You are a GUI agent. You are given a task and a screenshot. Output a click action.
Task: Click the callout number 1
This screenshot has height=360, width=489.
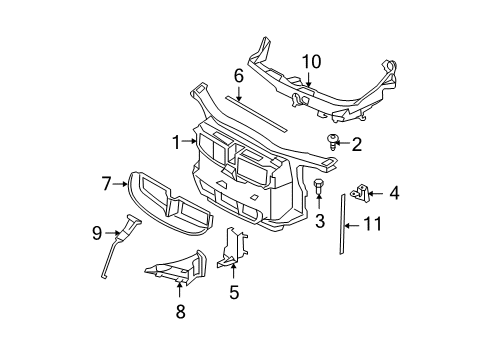pyautogui.click(x=176, y=143)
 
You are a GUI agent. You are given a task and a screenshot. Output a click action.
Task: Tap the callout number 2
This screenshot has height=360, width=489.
pyautogui.click(x=355, y=144)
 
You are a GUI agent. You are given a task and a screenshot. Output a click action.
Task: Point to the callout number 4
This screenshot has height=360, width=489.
pyautogui.click(x=394, y=192)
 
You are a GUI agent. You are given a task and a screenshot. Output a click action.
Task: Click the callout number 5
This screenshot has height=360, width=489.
pyautogui.click(x=234, y=293)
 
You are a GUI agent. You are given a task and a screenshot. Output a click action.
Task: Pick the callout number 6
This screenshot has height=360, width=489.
pyautogui.click(x=239, y=75)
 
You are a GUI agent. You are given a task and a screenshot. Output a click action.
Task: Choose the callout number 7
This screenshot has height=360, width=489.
pyautogui.click(x=107, y=183)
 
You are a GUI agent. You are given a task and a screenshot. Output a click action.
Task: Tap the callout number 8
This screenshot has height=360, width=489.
pyautogui.click(x=180, y=312)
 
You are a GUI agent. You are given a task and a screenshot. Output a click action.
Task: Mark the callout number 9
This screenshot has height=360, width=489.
pyautogui.click(x=97, y=234)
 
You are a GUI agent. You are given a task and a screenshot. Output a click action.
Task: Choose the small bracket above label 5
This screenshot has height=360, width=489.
pyautogui.click(x=233, y=250)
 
